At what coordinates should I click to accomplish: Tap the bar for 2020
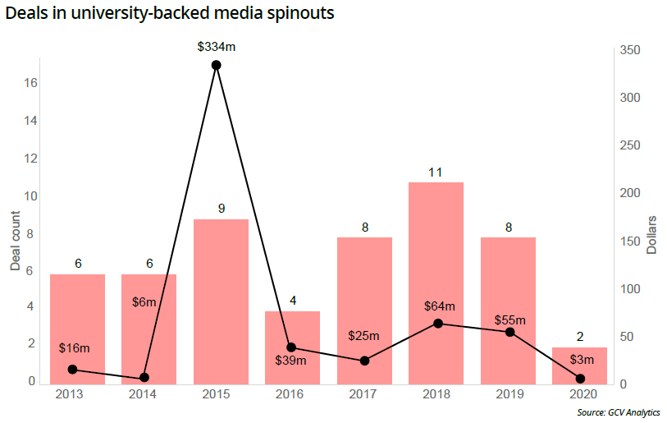pyautogui.click(x=579, y=366)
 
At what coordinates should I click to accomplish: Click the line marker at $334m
pyautogui.click(x=216, y=65)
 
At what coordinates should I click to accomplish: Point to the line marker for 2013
pyautogui.click(x=72, y=370)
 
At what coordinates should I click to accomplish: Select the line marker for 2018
pyautogui.click(x=437, y=324)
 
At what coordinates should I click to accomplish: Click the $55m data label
pyautogui.click(x=509, y=320)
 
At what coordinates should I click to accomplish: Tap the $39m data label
pyautogui.click(x=290, y=361)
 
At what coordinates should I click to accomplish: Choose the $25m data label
pyautogui.click(x=363, y=335)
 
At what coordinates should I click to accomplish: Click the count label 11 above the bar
pyautogui.click(x=436, y=172)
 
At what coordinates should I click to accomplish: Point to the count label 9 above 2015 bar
pyautogui.click(x=221, y=209)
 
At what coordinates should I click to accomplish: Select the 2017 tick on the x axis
pyautogui.click(x=364, y=395)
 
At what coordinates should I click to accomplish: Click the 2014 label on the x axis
pyautogui.click(x=144, y=395)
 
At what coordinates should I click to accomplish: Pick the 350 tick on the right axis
pyautogui.click(x=630, y=51)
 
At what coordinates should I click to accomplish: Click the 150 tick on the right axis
pyautogui.click(x=630, y=241)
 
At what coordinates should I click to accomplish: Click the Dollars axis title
pyautogui.click(x=652, y=235)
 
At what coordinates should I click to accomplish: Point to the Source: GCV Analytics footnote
pyautogui.click(x=619, y=412)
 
